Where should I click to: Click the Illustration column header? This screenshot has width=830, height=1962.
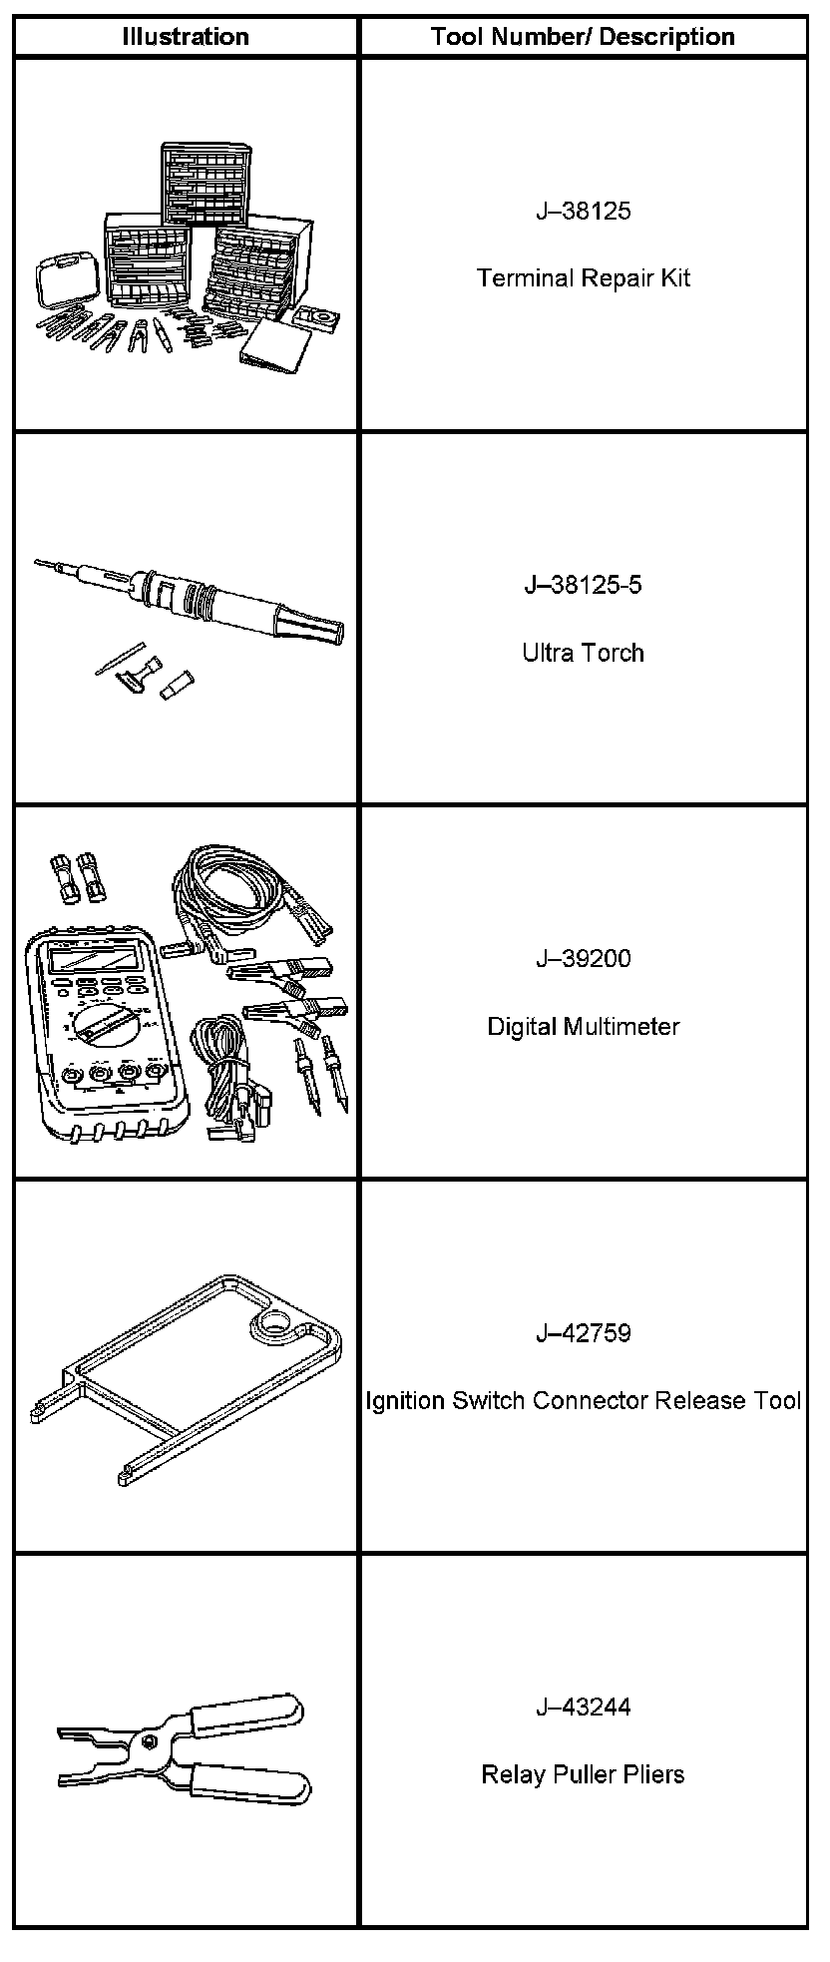tap(186, 37)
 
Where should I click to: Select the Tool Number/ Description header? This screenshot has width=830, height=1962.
tap(583, 37)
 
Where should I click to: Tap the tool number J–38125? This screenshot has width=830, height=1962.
tap(583, 212)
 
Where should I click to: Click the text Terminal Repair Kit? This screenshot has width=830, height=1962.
tap(583, 278)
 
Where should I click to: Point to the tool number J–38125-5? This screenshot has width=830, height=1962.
tap(583, 585)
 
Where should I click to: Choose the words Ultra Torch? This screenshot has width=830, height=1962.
tap(583, 653)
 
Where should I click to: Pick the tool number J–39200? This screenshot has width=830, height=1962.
tap(583, 959)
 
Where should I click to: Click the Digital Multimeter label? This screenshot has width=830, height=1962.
tap(583, 1027)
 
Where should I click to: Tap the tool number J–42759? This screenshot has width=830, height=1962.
tap(583, 1333)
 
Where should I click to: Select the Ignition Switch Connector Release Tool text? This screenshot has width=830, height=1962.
tap(583, 1401)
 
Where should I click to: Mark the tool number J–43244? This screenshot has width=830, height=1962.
tap(583, 1708)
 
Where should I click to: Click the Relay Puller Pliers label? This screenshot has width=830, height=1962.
tap(583, 1775)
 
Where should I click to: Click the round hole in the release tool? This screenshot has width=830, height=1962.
tap(268, 1326)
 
